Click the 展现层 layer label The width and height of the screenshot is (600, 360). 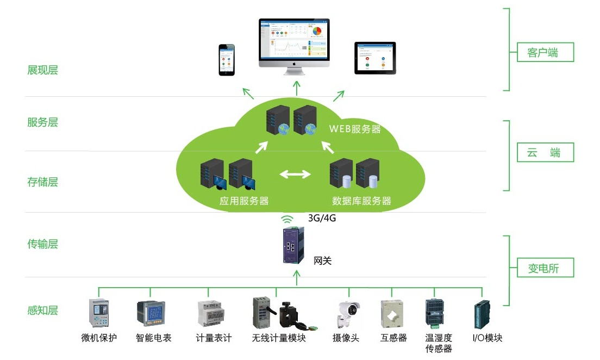42,70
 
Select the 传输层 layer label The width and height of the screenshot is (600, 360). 42,244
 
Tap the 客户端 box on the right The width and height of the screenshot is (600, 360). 542,53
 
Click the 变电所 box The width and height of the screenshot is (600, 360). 542,268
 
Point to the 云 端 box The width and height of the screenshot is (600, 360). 542,153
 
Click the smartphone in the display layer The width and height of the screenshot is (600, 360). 227,60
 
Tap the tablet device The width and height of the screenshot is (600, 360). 376,58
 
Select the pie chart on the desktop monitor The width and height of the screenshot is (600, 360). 317,30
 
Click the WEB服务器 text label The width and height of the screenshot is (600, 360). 355,129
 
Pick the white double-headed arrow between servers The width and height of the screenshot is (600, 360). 295,175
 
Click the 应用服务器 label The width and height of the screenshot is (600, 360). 244,201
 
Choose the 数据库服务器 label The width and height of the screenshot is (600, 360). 361,201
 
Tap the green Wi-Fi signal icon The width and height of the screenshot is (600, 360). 286,219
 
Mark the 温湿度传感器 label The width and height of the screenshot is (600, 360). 439,343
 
